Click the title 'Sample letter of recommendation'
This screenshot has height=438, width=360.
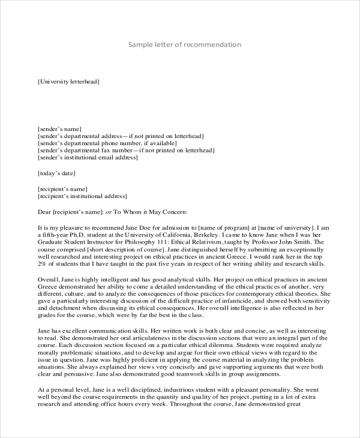185,45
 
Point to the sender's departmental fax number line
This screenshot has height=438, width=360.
120,151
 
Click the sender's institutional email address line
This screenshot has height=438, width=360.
88,158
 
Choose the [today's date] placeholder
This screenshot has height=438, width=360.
56,173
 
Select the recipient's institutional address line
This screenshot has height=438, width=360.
82,196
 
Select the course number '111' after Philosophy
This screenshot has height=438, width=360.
147,242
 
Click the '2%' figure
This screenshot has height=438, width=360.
42,264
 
